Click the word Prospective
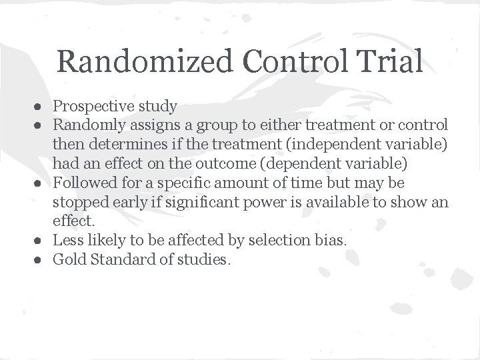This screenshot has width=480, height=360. (94, 106)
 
